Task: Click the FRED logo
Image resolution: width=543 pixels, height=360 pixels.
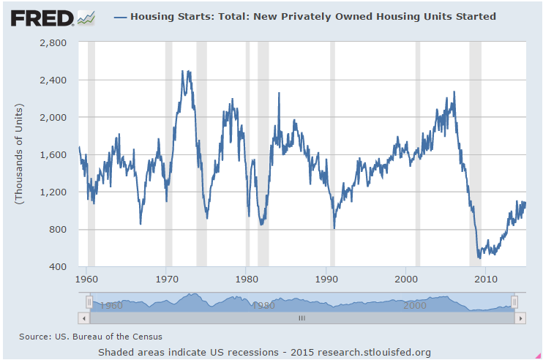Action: point(52,17)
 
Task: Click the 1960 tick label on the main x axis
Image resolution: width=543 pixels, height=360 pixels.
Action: point(86,280)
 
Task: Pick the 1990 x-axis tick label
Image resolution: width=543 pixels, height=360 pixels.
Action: point(326,280)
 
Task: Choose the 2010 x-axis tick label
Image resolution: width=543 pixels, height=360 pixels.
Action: point(486,280)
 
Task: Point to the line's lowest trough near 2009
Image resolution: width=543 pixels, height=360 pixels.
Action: point(479,258)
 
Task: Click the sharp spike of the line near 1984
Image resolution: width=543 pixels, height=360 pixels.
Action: point(279,93)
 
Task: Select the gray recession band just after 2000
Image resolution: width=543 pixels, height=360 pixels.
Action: point(418,154)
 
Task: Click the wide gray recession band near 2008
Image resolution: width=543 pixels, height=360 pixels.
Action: point(475,154)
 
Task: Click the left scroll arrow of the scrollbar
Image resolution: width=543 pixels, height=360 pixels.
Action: point(83,318)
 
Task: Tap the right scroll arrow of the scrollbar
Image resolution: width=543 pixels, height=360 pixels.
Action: point(520,318)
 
